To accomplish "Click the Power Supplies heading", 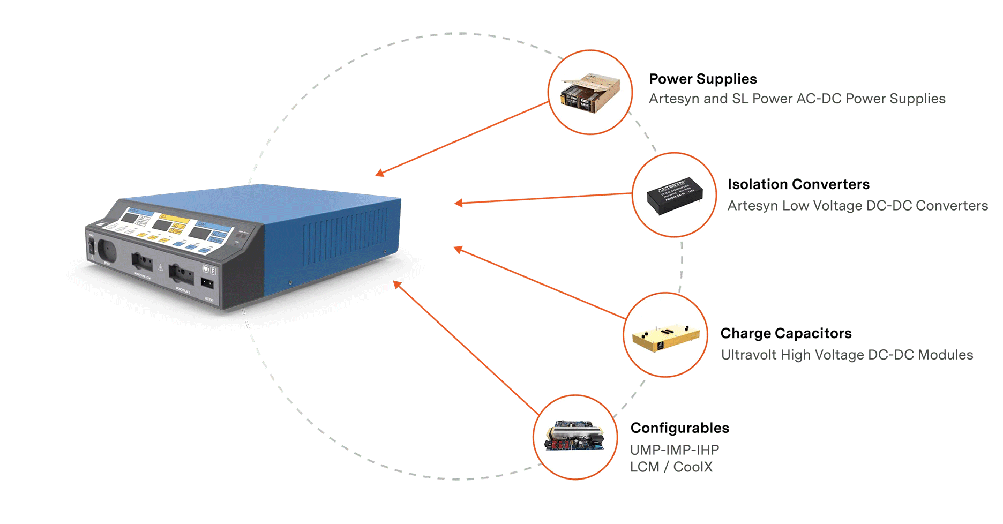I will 702,79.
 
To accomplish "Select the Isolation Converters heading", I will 798,184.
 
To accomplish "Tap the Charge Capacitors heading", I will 785,333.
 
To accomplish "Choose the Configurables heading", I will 679,428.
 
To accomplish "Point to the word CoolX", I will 693,467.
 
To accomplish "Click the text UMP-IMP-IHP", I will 674,450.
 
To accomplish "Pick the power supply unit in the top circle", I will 590,93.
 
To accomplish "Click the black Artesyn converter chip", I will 674,195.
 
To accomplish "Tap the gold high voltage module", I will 665,336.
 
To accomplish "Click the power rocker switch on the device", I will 91,246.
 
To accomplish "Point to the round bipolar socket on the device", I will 107,250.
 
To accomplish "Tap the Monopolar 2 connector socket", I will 181,274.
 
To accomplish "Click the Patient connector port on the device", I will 207,283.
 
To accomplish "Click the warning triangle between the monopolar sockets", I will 160,267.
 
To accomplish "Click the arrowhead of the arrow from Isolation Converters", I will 458,203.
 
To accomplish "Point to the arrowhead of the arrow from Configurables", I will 396,284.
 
